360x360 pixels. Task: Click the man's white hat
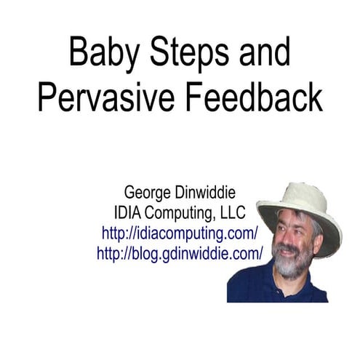tap(298, 200)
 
